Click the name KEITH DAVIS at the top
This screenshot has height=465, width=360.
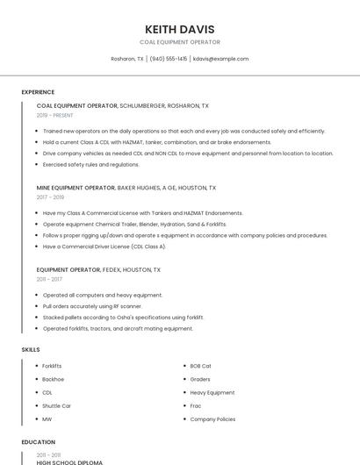179,29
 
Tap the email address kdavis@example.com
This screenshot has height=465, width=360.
220,59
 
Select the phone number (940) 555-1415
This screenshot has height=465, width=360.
168,59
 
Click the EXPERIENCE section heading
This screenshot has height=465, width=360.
38,92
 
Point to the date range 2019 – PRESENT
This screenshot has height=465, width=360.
55,115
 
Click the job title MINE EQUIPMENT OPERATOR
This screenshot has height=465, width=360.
76,188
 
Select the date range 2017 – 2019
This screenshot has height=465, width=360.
51,197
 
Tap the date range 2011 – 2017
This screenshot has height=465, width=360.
49,279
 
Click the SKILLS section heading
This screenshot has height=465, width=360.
31,350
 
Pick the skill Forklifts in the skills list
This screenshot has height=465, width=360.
52,366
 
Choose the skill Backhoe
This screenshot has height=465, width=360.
53,379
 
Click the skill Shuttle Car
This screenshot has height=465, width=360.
56,406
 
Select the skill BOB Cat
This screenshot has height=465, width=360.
200,366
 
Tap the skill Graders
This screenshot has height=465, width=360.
200,379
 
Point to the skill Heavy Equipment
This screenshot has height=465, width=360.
212,392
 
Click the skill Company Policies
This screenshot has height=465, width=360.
212,419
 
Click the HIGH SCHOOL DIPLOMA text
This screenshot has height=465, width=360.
69,461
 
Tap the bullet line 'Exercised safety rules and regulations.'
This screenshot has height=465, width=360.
90,164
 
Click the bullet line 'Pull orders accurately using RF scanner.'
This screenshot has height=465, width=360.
92,306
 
